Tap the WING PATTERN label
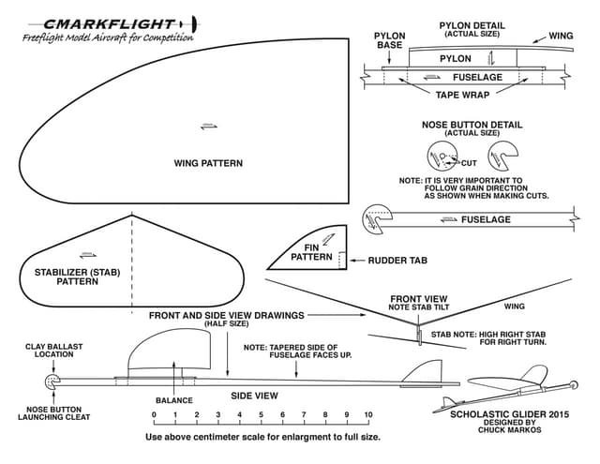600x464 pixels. pyautogui.click(x=208, y=163)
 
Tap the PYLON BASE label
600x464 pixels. pyautogui.click(x=390, y=40)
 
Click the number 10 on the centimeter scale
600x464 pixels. pyautogui.click(x=368, y=414)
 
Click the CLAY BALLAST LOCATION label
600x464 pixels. pyautogui.click(x=53, y=351)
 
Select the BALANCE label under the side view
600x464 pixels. pyautogui.click(x=173, y=400)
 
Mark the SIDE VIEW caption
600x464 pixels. pyautogui.click(x=255, y=396)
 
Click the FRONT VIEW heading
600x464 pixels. pyautogui.click(x=418, y=299)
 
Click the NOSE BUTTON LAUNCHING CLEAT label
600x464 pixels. pyautogui.click(x=53, y=412)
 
